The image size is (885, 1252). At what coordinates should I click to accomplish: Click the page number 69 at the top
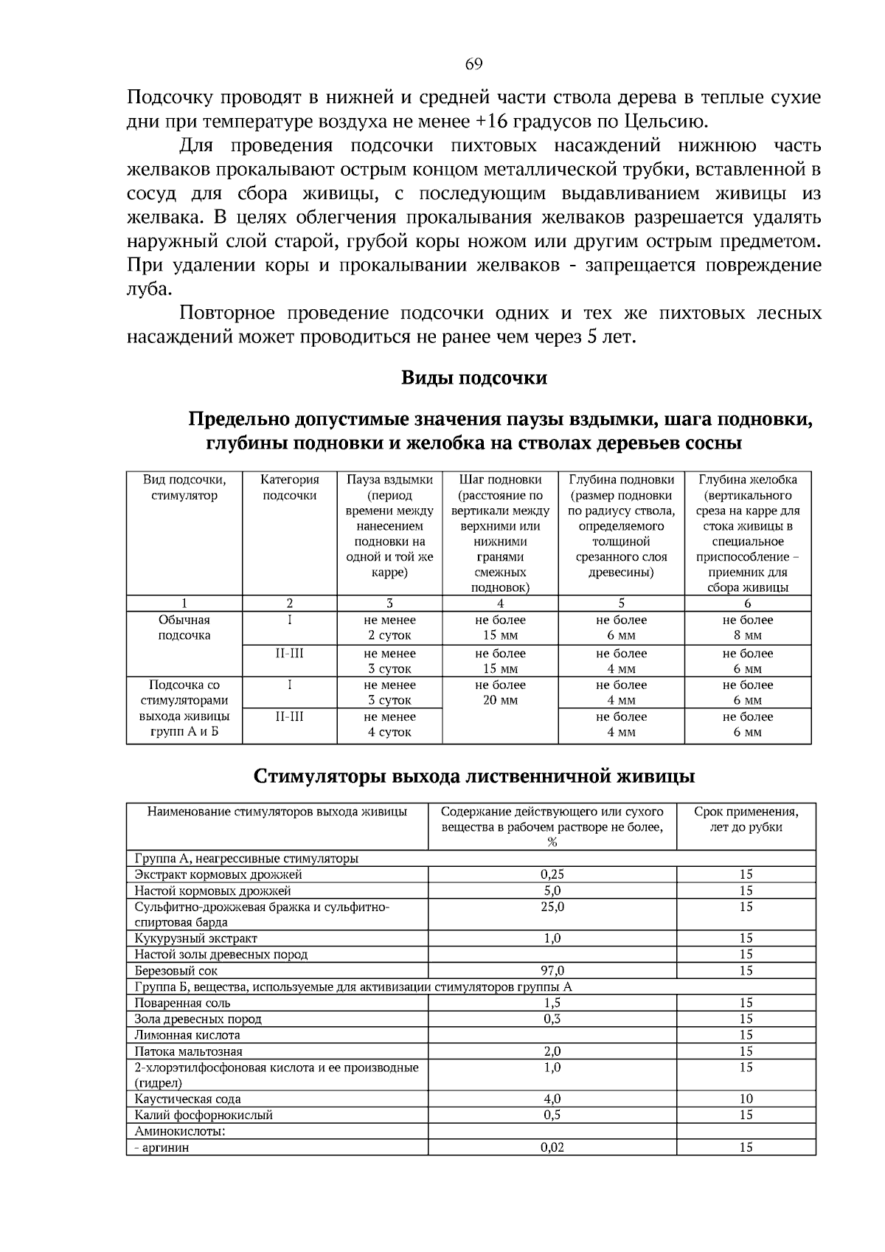coord(473,64)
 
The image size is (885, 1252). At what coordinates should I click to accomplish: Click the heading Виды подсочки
coord(473,378)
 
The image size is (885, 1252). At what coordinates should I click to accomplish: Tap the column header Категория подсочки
coord(290,488)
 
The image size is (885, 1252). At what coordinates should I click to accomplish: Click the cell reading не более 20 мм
coord(500,693)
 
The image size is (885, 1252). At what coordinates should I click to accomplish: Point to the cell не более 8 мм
coord(747,628)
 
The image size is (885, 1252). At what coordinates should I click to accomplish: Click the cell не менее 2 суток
coord(389,628)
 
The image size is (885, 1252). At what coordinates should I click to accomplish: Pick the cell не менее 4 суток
coord(389,724)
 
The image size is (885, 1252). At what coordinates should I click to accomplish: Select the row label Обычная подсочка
coord(184,628)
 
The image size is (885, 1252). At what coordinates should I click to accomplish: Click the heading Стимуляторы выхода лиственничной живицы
coord(473,777)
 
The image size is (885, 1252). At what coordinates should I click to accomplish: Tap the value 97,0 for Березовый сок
coord(552,971)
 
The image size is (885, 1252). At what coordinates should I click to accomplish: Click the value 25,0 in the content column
coord(552,907)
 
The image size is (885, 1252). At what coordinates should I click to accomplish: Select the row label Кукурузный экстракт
coord(195,938)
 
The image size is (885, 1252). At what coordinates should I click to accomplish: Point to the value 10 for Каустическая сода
coord(746,1099)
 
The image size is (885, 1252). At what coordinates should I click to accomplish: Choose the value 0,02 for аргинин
coord(552,1147)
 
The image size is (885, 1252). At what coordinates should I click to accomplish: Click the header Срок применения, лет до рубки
coord(746,820)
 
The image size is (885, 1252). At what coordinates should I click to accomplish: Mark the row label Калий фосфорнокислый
coord(203,1116)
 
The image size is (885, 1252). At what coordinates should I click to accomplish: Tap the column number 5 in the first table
coord(621,603)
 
